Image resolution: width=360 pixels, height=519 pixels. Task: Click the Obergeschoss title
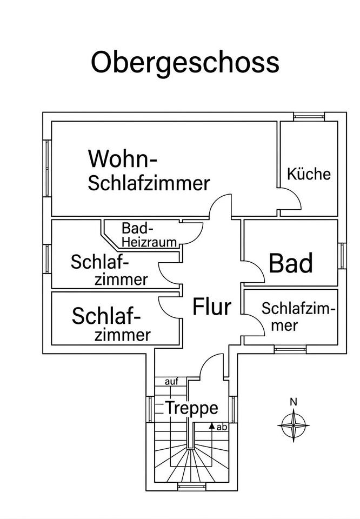pos(185,63)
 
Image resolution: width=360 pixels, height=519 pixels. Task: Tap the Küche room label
pos(309,174)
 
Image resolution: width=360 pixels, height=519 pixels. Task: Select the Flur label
pos(212,307)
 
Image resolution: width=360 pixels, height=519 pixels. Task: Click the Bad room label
pos(290,263)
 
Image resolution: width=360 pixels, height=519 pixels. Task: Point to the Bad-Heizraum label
pos(149,235)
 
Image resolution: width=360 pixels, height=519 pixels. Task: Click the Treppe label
pos(191,408)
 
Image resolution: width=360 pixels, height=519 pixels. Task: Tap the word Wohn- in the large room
pos(122,159)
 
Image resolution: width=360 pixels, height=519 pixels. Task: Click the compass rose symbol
pos(294,425)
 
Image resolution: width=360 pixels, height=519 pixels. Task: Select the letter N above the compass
pos(294,402)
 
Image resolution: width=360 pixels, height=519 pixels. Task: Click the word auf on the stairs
pos(171,382)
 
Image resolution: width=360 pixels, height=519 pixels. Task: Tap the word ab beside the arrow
pos(222,427)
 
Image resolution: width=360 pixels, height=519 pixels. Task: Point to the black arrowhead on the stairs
pos(212,425)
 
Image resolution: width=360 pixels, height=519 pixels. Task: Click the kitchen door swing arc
pos(296,195)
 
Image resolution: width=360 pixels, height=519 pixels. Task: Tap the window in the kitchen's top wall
pos(309,117)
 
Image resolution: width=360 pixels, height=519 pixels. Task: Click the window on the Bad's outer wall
pos(342,256)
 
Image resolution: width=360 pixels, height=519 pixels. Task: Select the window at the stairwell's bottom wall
pos(192,487)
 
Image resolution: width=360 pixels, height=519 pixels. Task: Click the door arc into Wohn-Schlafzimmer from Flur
pos(215,200)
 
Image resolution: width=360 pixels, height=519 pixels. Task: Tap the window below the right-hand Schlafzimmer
pos(290,349)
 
